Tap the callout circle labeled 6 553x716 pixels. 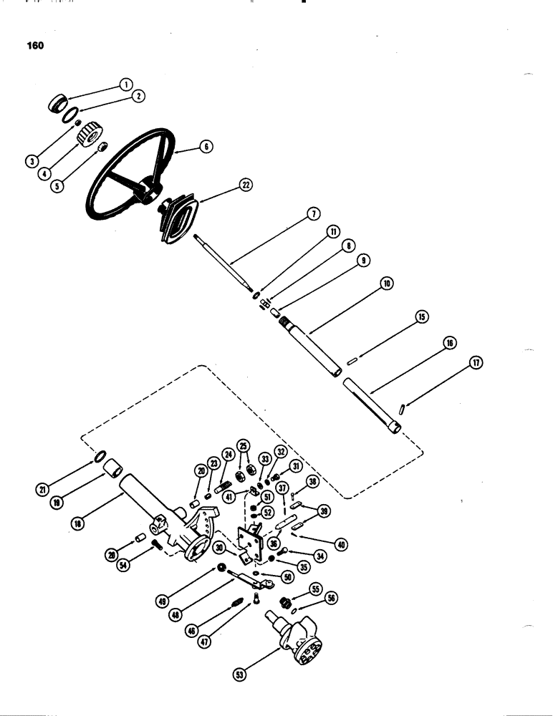click(x=206, y=146)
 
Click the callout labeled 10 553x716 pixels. click(x=386, y=284)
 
